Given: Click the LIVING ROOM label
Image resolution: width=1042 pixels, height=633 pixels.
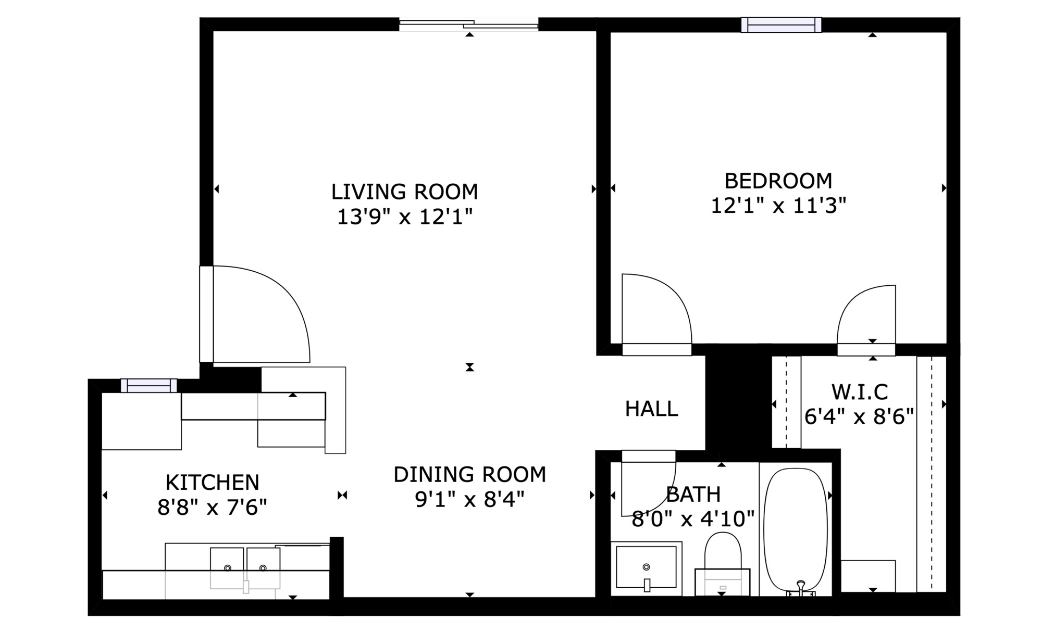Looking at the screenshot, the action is [x=405, y=192].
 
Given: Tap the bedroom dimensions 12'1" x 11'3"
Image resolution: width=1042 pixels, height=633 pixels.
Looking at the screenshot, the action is [x=778, y=206].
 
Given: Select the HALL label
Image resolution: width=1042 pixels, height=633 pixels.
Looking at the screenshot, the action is [x=652, y=409].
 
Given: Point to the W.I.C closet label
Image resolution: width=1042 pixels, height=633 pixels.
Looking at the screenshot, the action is [x=860, y=391].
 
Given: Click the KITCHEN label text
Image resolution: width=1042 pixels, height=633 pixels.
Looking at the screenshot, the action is [x=212, y=483].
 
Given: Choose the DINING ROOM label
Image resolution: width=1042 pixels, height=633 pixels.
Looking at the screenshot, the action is [x=469, y=474].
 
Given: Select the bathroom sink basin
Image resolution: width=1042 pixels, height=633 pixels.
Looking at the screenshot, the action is [x=646, y=567].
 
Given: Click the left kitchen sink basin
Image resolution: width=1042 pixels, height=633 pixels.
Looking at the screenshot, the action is [x=227, y=568].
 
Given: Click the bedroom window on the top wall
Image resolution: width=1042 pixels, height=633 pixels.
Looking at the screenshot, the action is [x=781, y=24].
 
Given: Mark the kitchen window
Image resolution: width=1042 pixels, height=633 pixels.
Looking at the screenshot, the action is [x=149, y=386].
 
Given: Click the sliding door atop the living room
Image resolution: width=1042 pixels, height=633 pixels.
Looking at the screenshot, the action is [x=468, y=24].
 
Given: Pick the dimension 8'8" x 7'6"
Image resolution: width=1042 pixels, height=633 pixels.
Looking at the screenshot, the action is [x=212, y=507].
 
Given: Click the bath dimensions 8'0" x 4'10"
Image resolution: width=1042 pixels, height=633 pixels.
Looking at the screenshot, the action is [x=693, y=518].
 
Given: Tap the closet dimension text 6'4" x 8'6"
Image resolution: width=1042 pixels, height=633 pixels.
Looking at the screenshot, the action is [x=859, y=416].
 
